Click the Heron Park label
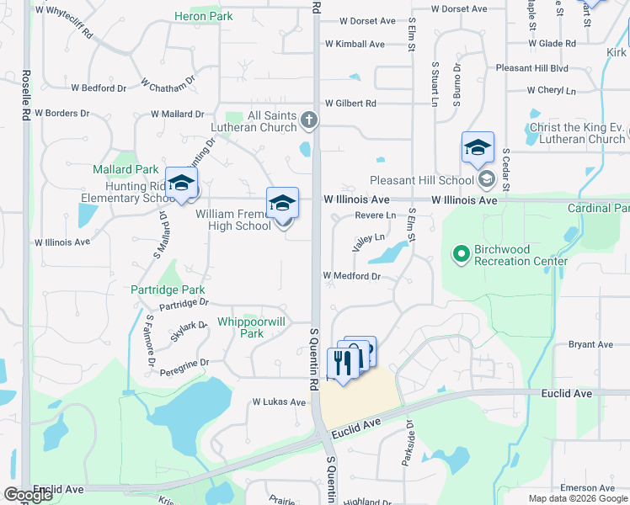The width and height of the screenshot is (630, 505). tap(203, 16)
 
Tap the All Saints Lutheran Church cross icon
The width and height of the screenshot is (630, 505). tap(309, 121)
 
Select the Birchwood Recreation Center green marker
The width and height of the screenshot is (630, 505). tap(461, 252)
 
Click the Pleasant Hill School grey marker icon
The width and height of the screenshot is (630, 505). tap(487, 179)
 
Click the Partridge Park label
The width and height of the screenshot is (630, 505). tap(168, 290)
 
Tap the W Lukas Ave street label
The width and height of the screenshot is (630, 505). tap(279, 402)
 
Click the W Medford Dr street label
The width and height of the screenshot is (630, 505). tap(352, 275)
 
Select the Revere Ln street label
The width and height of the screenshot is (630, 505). tap(375, 215)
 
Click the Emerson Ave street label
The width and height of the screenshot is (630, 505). tap(590, 488)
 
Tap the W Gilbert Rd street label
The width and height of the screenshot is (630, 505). tap(350, 103)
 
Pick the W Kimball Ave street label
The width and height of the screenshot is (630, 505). tap(355, 44)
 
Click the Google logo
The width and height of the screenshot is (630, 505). tap(29, 494)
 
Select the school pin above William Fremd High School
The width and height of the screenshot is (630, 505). tap(282, 204)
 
